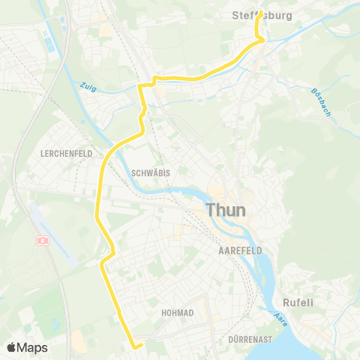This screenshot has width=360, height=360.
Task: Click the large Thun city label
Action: coord(225,209)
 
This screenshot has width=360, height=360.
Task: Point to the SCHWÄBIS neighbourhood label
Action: coord(150,172)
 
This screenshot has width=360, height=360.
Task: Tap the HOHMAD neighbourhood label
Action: coord(178,312)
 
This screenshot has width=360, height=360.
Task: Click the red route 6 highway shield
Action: coord(43,241)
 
